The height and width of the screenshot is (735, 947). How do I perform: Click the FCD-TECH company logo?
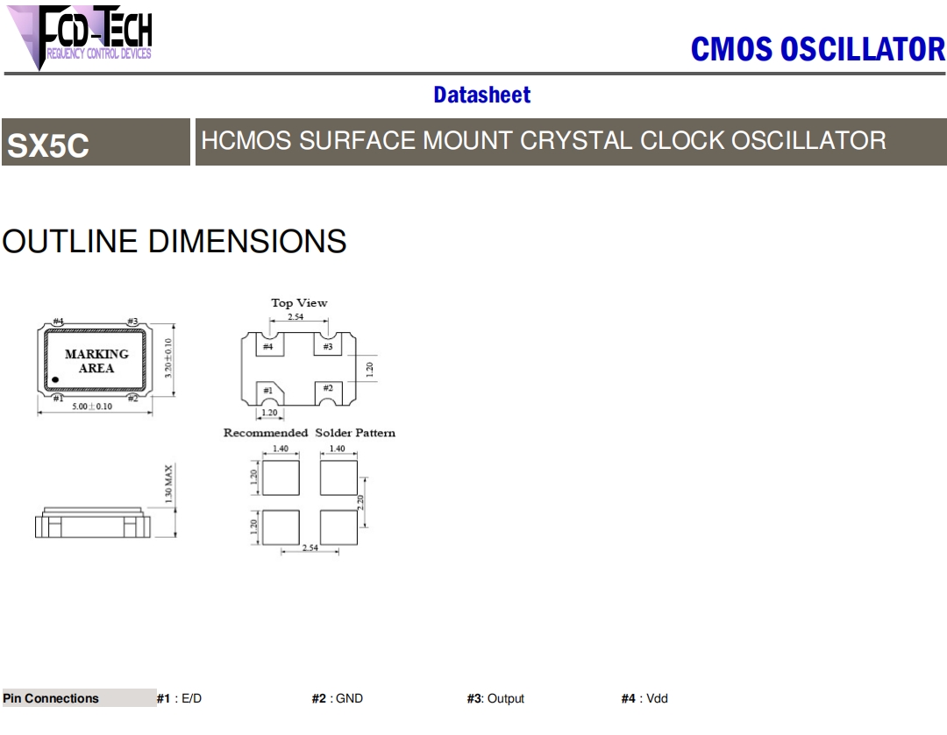click(83, 35)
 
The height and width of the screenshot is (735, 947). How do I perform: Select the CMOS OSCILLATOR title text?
click(817, 49)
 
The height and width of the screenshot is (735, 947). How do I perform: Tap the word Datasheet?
click(481, 95)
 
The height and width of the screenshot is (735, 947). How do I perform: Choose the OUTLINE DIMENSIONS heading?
click(174, 242)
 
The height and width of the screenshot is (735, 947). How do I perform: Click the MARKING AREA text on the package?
click(96, 361)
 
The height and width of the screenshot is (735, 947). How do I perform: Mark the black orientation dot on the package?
click(54, 380)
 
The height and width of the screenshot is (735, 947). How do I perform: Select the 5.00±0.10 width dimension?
click(92, 406)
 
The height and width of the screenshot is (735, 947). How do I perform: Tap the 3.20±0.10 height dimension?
click(168, 357)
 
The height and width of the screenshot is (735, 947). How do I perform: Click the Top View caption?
click(299, 303)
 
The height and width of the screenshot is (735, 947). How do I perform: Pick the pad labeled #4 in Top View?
click(267, 347)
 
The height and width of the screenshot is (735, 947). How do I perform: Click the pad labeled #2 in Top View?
click(327, 388)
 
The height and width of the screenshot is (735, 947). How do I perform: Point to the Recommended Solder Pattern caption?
click(310, 433)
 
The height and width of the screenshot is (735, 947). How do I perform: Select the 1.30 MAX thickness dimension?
click(168, 484)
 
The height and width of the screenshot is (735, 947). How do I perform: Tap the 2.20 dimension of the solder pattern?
click(360, 502)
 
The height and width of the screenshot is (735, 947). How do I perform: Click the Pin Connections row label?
click(51, 698)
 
